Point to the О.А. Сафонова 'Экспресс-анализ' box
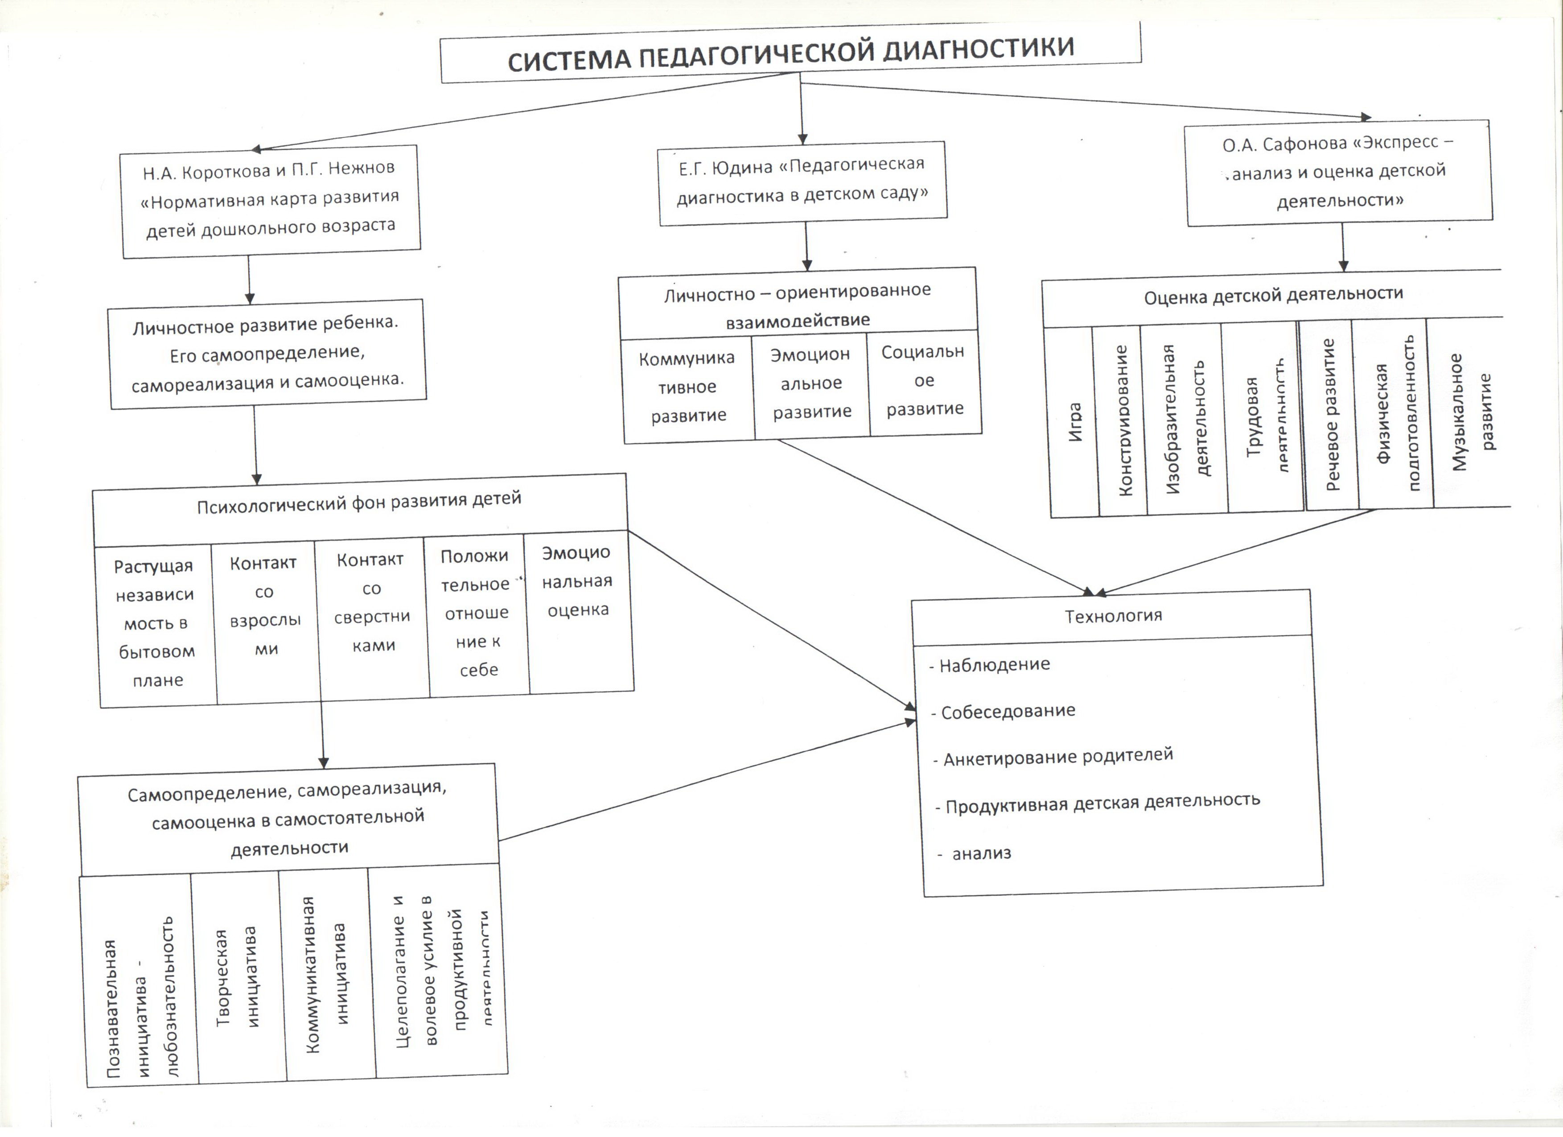[x=1338, y=172]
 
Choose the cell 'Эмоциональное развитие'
[x=811, y=384]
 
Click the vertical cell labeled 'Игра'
[x=1074, y=422]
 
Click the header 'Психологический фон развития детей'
[x=359, y=503]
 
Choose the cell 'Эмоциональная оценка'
[x=577, y=582]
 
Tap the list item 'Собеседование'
[x=1008, y=712]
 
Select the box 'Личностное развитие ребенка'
[x=267, y=353]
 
